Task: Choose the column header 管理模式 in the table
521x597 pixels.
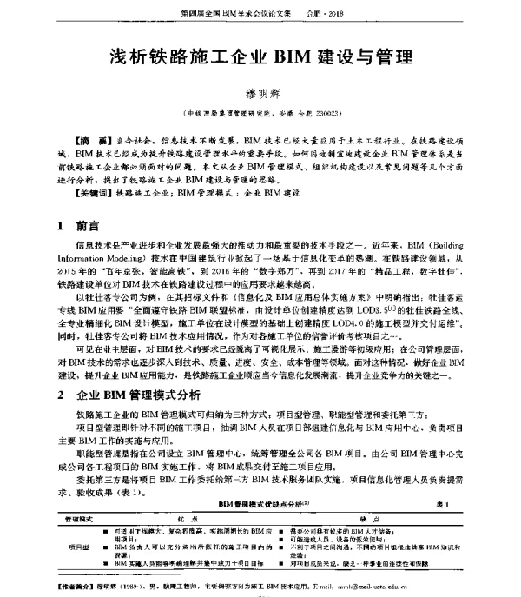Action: tap(82, 515)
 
